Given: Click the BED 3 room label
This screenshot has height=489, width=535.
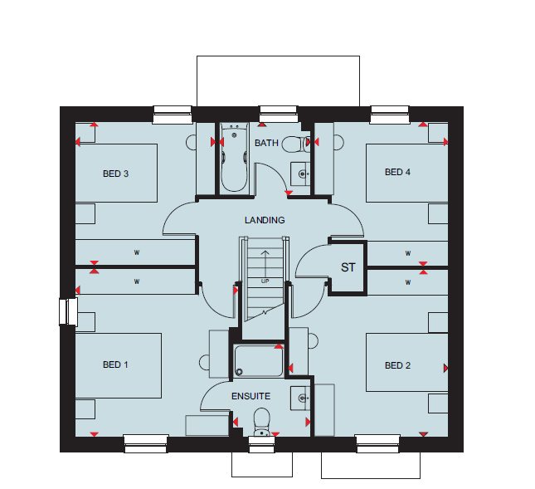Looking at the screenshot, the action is tap(115, 174).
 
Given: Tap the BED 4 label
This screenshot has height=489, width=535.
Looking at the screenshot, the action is tap(397, 172).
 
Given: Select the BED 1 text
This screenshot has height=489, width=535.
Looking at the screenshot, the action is tap(115, 364).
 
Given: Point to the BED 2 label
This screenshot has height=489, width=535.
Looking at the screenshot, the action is tap(397, 365).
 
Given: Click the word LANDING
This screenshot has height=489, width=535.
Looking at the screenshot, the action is tap(265, 220).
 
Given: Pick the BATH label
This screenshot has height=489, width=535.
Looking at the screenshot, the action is tap(266, 143).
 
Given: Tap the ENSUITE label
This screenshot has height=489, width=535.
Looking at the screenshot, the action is tap(250, 396).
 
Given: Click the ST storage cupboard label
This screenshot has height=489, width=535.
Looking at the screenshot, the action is tap(348, 267).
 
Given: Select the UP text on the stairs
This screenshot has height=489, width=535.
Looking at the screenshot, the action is tap(265, 281).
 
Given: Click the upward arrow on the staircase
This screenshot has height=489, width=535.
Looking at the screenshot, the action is tap(265, 264).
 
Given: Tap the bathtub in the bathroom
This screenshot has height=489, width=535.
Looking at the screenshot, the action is tap(234, 158).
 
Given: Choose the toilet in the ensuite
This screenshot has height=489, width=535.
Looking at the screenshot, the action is tap(262, 423).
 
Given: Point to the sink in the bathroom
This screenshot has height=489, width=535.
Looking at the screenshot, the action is tap(300, 174).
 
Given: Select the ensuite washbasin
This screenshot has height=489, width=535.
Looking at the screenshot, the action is tap(300, 399).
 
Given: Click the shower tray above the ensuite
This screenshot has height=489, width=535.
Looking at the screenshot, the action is tap(259, 361).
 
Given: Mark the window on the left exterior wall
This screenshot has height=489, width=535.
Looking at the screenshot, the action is tap(68, 311).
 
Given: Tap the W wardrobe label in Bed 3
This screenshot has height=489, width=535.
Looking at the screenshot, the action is tap(137, 252).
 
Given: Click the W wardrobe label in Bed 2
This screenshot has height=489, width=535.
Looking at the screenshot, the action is tap(408, 282).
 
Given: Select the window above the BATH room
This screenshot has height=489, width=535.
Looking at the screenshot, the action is tap(278, 115).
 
